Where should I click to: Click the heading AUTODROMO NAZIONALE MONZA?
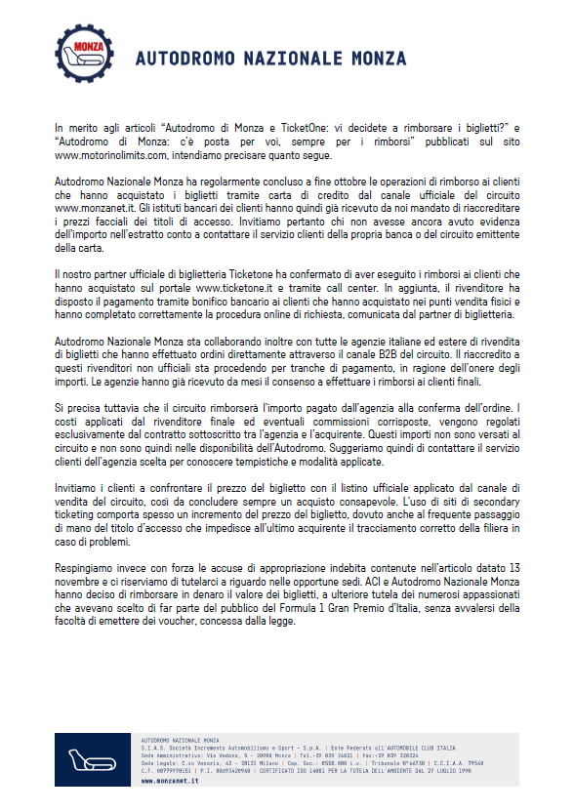(x=270, y=59)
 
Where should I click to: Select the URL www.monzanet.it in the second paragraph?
(x=94, y=209)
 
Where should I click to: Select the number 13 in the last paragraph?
(x=512, y=567)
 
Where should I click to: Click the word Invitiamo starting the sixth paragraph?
(x=79, y=486)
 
